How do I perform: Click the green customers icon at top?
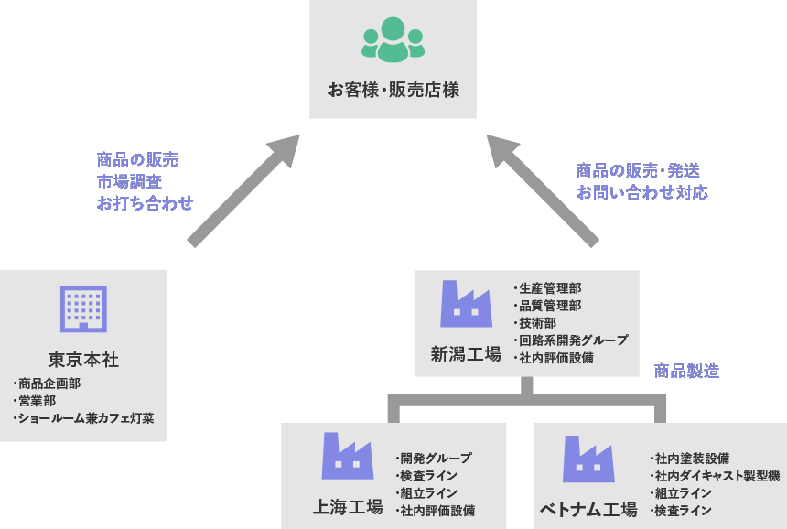click(393, 40)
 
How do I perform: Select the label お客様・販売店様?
click(393, 91)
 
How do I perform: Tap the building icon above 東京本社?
click(83, 308)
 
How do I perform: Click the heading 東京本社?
click(83, 359)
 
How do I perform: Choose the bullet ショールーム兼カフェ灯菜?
click(85, 419)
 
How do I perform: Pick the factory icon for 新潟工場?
click(466, 304)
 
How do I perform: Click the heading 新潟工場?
click(466, 353)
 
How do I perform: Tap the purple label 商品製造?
click(686, 371)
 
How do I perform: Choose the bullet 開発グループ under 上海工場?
click(436, 459)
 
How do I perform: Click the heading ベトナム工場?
click(588, 509)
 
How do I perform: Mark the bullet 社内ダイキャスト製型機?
click(716, 476)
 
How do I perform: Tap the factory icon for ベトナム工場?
click(588, 459)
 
